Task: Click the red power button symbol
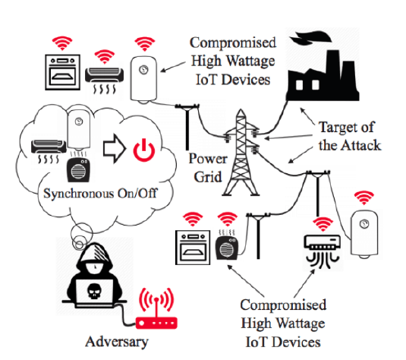[x=144, y=150]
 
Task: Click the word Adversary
[x=117, y=342]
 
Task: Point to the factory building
[x=323, y=76]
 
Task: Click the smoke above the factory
[x=310, y=37]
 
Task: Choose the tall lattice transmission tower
[x=241, y=153]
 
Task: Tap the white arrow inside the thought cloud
[x=115, y=149]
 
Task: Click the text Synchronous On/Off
[x=100, y=194]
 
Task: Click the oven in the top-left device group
[x=62, y=72]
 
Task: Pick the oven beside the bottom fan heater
[x=193, y=248]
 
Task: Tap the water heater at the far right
[x=364, y=234]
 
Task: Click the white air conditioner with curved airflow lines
[x=322, y=251]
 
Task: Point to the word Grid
[x=208, y=177]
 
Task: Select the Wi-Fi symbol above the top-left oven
[x=62, y=43]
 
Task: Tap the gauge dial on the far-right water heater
[x=364, y=224]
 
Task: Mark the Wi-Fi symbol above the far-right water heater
[x=364, y=197]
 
